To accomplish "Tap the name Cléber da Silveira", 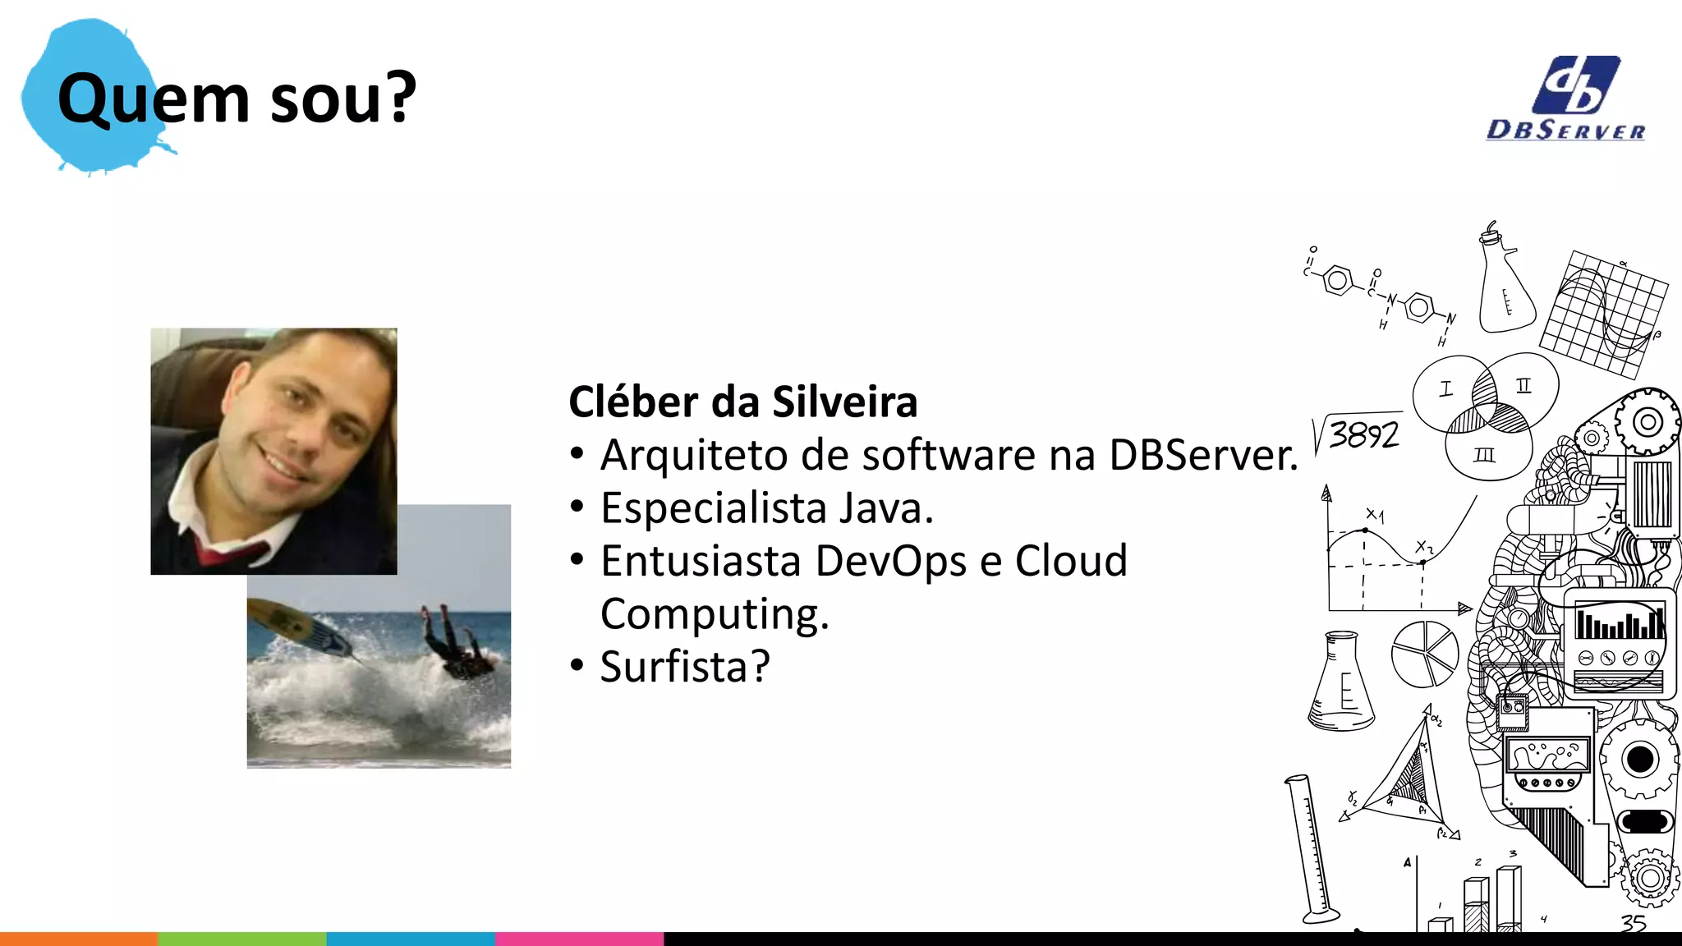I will pos(742,402).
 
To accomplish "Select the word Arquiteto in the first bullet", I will pos(693,455).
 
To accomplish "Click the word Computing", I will pos(715,614).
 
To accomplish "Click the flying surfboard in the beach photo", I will pos(304,628).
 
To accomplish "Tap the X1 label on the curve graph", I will pos(1374,515).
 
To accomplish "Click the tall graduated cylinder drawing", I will pos(1312,850).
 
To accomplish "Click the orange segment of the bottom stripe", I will pos(78,939).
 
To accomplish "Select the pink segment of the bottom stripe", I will pos(579,939).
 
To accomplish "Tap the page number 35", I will pos(1633,923).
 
